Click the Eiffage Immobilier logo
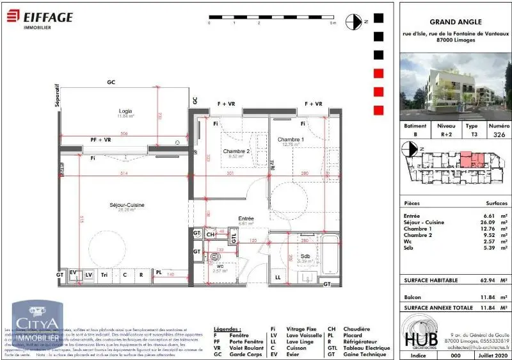point(40,20)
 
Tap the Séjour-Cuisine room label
point(126,205)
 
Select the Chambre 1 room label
point(291,140)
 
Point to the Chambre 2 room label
point(236,151)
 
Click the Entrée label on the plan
point(246,218)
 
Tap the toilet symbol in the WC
point(214,259)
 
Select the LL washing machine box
point(278,277)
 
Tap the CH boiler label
point(211,235)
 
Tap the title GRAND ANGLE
point(455,20)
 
